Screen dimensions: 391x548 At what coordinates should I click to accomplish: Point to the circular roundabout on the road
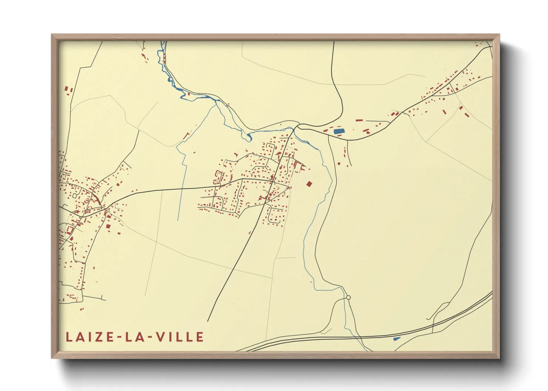348,297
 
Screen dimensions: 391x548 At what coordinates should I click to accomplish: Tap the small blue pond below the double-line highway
396,338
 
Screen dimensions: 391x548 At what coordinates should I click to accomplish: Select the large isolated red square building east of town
309,184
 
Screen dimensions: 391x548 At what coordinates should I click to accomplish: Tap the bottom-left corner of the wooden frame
52,358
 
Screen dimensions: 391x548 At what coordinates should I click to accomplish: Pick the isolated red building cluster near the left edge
68,90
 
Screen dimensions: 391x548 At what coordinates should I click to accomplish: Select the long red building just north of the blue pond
359,120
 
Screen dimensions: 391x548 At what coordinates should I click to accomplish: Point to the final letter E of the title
200,337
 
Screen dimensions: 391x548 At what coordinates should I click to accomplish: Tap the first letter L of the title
68,337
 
